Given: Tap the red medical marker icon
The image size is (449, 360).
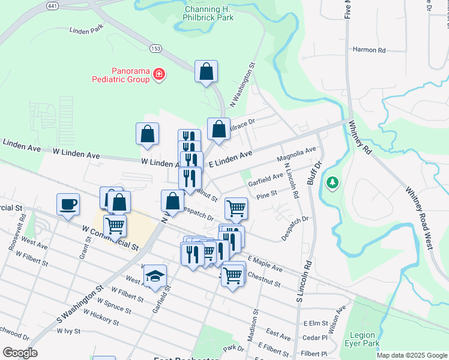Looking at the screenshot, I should point(159,74).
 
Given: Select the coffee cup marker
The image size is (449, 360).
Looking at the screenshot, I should point(67,204).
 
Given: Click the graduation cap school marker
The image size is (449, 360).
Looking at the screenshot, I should point(155,275).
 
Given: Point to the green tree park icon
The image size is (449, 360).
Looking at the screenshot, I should point(331,181).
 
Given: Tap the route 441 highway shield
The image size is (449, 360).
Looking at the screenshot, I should point(52,5).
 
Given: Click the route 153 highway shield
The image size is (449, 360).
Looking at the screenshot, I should point(155,47).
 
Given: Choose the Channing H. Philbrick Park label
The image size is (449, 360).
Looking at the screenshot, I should point(209,14).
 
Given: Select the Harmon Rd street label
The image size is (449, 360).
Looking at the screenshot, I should point(369,50).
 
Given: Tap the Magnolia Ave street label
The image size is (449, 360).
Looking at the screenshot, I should point(296,154).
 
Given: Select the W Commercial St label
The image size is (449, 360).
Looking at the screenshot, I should point(110,238).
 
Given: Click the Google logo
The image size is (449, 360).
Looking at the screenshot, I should point(20,353).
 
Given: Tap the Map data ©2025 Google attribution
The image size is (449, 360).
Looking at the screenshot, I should point(412,355).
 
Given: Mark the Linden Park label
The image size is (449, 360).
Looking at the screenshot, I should point(86,29).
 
